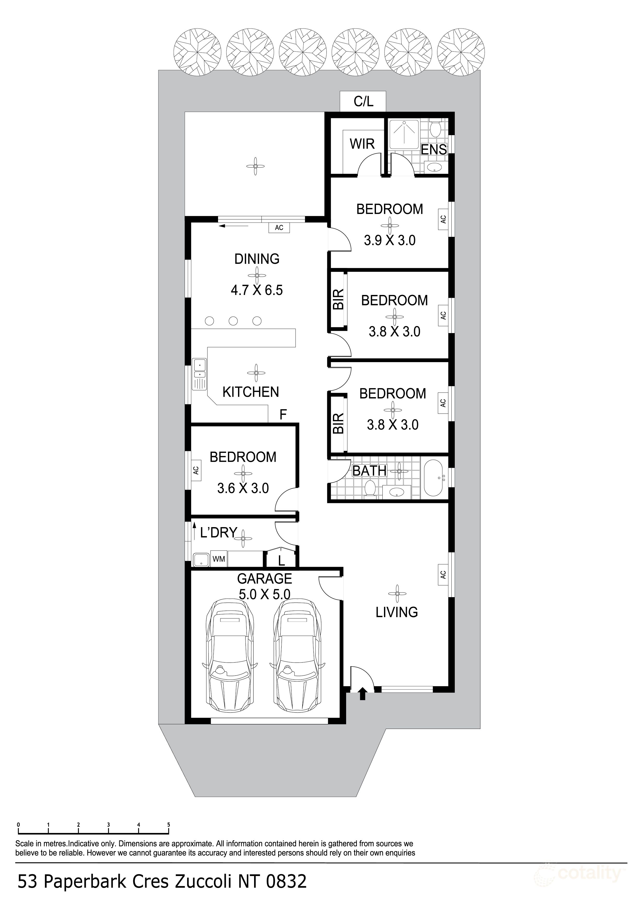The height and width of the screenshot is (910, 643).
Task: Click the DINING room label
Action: (x=257, y=259)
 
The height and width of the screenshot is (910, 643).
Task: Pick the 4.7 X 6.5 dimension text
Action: (x=257, y=290)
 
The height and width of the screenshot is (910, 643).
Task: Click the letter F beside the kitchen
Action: (x=283, y=415)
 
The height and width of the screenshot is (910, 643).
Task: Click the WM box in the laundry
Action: (x=219, y=559)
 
